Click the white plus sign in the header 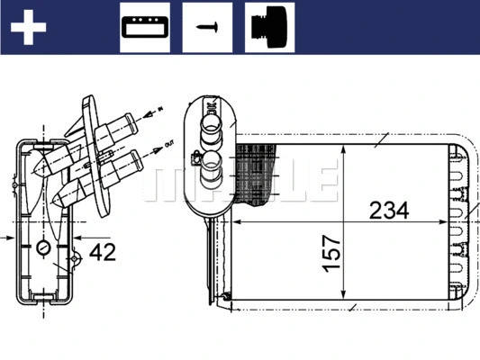(x=28, y=26)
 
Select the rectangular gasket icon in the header (x=144, y=27)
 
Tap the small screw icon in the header (x=207, y=27)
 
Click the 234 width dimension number (x=390, y=211)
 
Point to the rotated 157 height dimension (x=332, y=255)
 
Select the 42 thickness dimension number (x=104, y=253)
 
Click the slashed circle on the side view (x=43, y=247)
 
